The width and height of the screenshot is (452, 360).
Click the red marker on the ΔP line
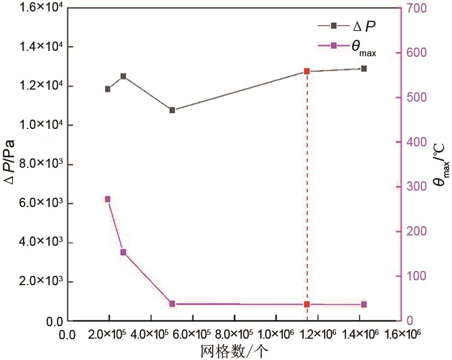pyautogui.click(x=307, y=72)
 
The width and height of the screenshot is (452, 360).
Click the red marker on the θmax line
pyautogui.click(x=307, y=304)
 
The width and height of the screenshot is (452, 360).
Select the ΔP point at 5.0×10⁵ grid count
pyautogui.click(x=172, y=110)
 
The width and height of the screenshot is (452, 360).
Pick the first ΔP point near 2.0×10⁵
pyautogui.click(x=108, y=89)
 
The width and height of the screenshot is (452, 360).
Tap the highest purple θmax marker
pyautogui.click(x=108, y=199)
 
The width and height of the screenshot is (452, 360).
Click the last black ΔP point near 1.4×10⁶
pyautogui.click(x=364, y=69)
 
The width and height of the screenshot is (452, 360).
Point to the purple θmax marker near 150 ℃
pyautogui.click(x=123, y=252)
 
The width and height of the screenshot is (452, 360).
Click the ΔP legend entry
pyautogui.click(x=347, y=25)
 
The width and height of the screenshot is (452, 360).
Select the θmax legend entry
pyautogui.click(x=347, y=47)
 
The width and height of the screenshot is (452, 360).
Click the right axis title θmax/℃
pyautogui.click(x=441, y=164)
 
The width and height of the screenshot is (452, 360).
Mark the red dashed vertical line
pyautogui.click(x=307, y=191)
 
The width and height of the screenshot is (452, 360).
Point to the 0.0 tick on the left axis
pyautogui.click(x=55, y=321)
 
